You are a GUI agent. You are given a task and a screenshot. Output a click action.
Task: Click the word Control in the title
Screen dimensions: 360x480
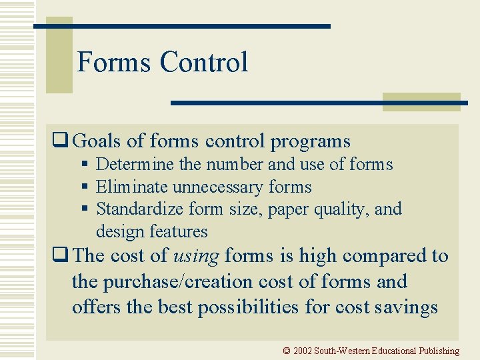pos(203,63)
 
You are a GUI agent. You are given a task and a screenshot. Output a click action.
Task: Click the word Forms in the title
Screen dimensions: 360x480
pos(114,63)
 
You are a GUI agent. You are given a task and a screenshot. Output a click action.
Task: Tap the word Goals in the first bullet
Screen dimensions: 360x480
pos(97,141)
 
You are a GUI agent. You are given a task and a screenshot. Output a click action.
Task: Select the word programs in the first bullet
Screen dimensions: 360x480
pos(310,142)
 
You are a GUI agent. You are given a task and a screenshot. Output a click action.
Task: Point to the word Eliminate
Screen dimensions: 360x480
pos(132,187)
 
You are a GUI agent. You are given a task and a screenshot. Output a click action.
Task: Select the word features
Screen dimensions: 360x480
pos(180,231)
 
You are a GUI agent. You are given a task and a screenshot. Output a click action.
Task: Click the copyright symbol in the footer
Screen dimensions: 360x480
pos(287,351)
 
